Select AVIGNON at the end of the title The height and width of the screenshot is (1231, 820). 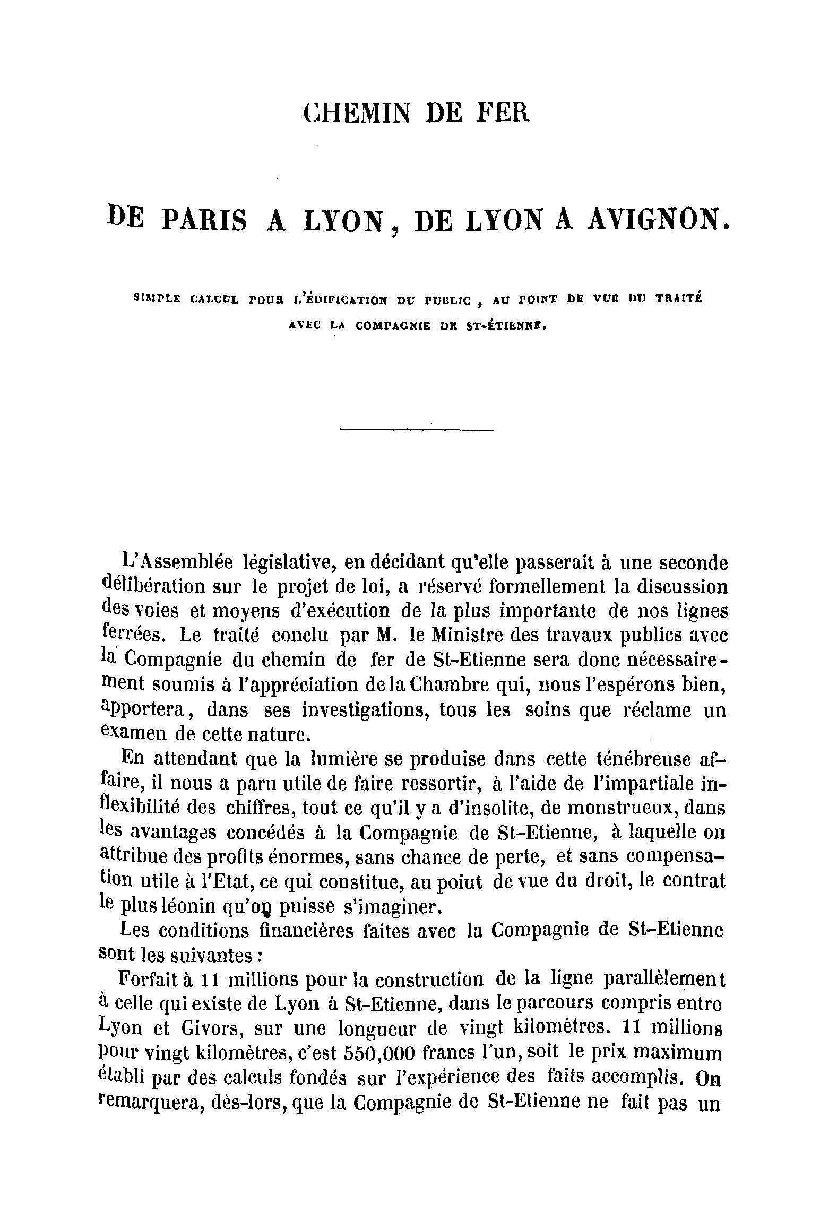pyautogui.click(x=659, y=220)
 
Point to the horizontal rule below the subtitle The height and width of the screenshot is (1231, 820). pyautogui.click(x=416, y=430)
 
